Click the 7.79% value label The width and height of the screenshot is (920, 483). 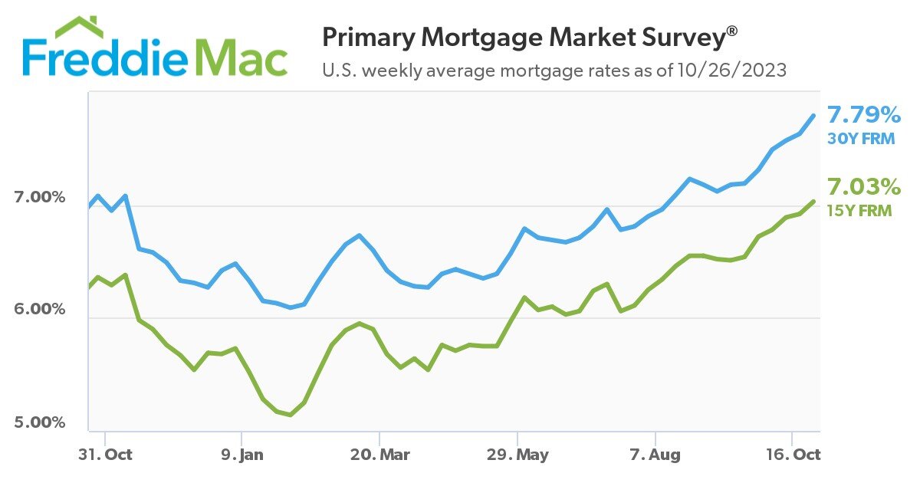click(x=863, y=117)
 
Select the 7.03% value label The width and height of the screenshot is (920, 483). click(x=863, y=187)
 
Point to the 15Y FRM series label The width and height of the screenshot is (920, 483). click(x=859, y=209)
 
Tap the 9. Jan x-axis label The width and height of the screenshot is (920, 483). click(x=242, y=455)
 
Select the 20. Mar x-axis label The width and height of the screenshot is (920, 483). click(x=379, y=455)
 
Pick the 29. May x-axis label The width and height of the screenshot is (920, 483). click(x=518, y=455)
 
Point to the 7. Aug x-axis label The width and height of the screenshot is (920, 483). click(x=655, y=455)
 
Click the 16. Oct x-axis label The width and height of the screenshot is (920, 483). click(x=793, y=455)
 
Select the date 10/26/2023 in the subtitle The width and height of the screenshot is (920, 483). click(x=731, y=71)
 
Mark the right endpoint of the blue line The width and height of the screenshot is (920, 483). click(x=814, y=116)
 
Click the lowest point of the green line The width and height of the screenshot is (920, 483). click(x=290, y=415)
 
